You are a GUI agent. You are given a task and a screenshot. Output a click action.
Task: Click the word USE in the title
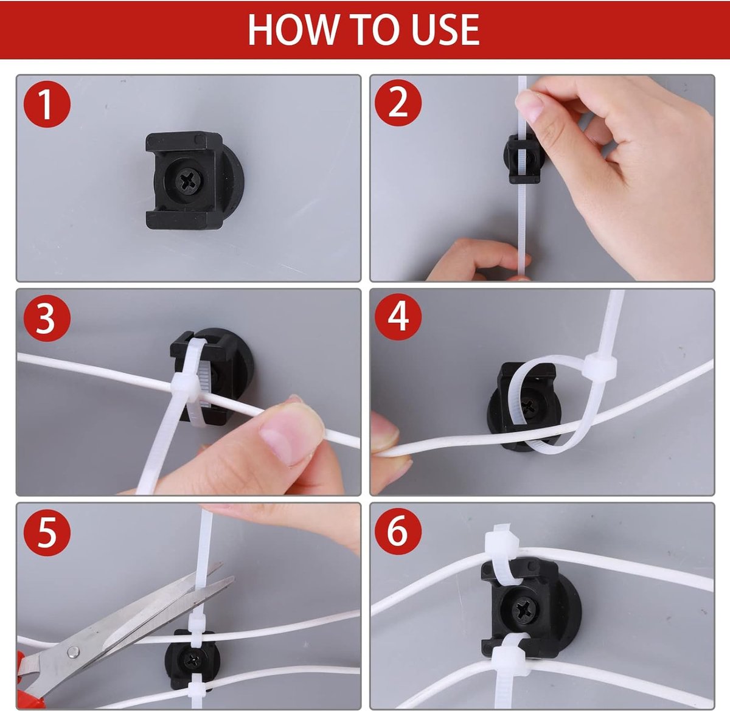(445, 29)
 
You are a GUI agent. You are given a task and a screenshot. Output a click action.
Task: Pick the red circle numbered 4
(398, 317)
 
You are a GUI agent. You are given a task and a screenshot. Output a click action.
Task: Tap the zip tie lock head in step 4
(599, 367)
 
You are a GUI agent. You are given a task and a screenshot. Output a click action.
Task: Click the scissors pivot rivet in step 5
(72, 653)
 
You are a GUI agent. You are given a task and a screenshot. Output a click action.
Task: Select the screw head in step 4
(532, 404)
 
